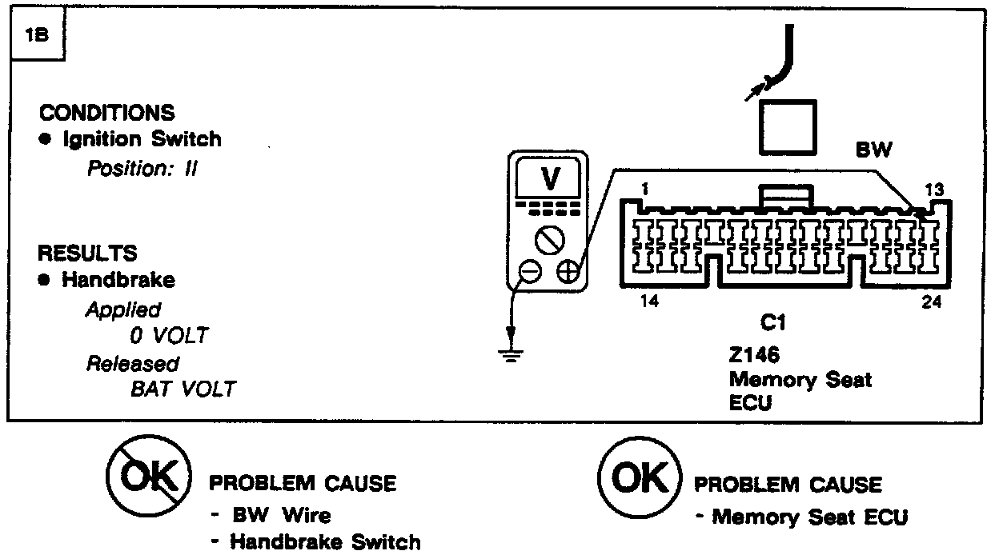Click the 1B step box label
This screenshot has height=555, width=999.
35,37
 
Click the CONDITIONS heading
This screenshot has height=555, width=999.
106,113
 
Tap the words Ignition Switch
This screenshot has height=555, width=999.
141,139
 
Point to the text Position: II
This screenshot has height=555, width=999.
142,170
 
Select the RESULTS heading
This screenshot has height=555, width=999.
88,254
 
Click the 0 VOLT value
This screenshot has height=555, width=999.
168,335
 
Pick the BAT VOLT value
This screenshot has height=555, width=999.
183,389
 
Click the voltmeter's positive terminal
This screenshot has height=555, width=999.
568,272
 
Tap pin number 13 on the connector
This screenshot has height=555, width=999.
933,190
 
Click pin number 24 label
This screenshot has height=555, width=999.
931,303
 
